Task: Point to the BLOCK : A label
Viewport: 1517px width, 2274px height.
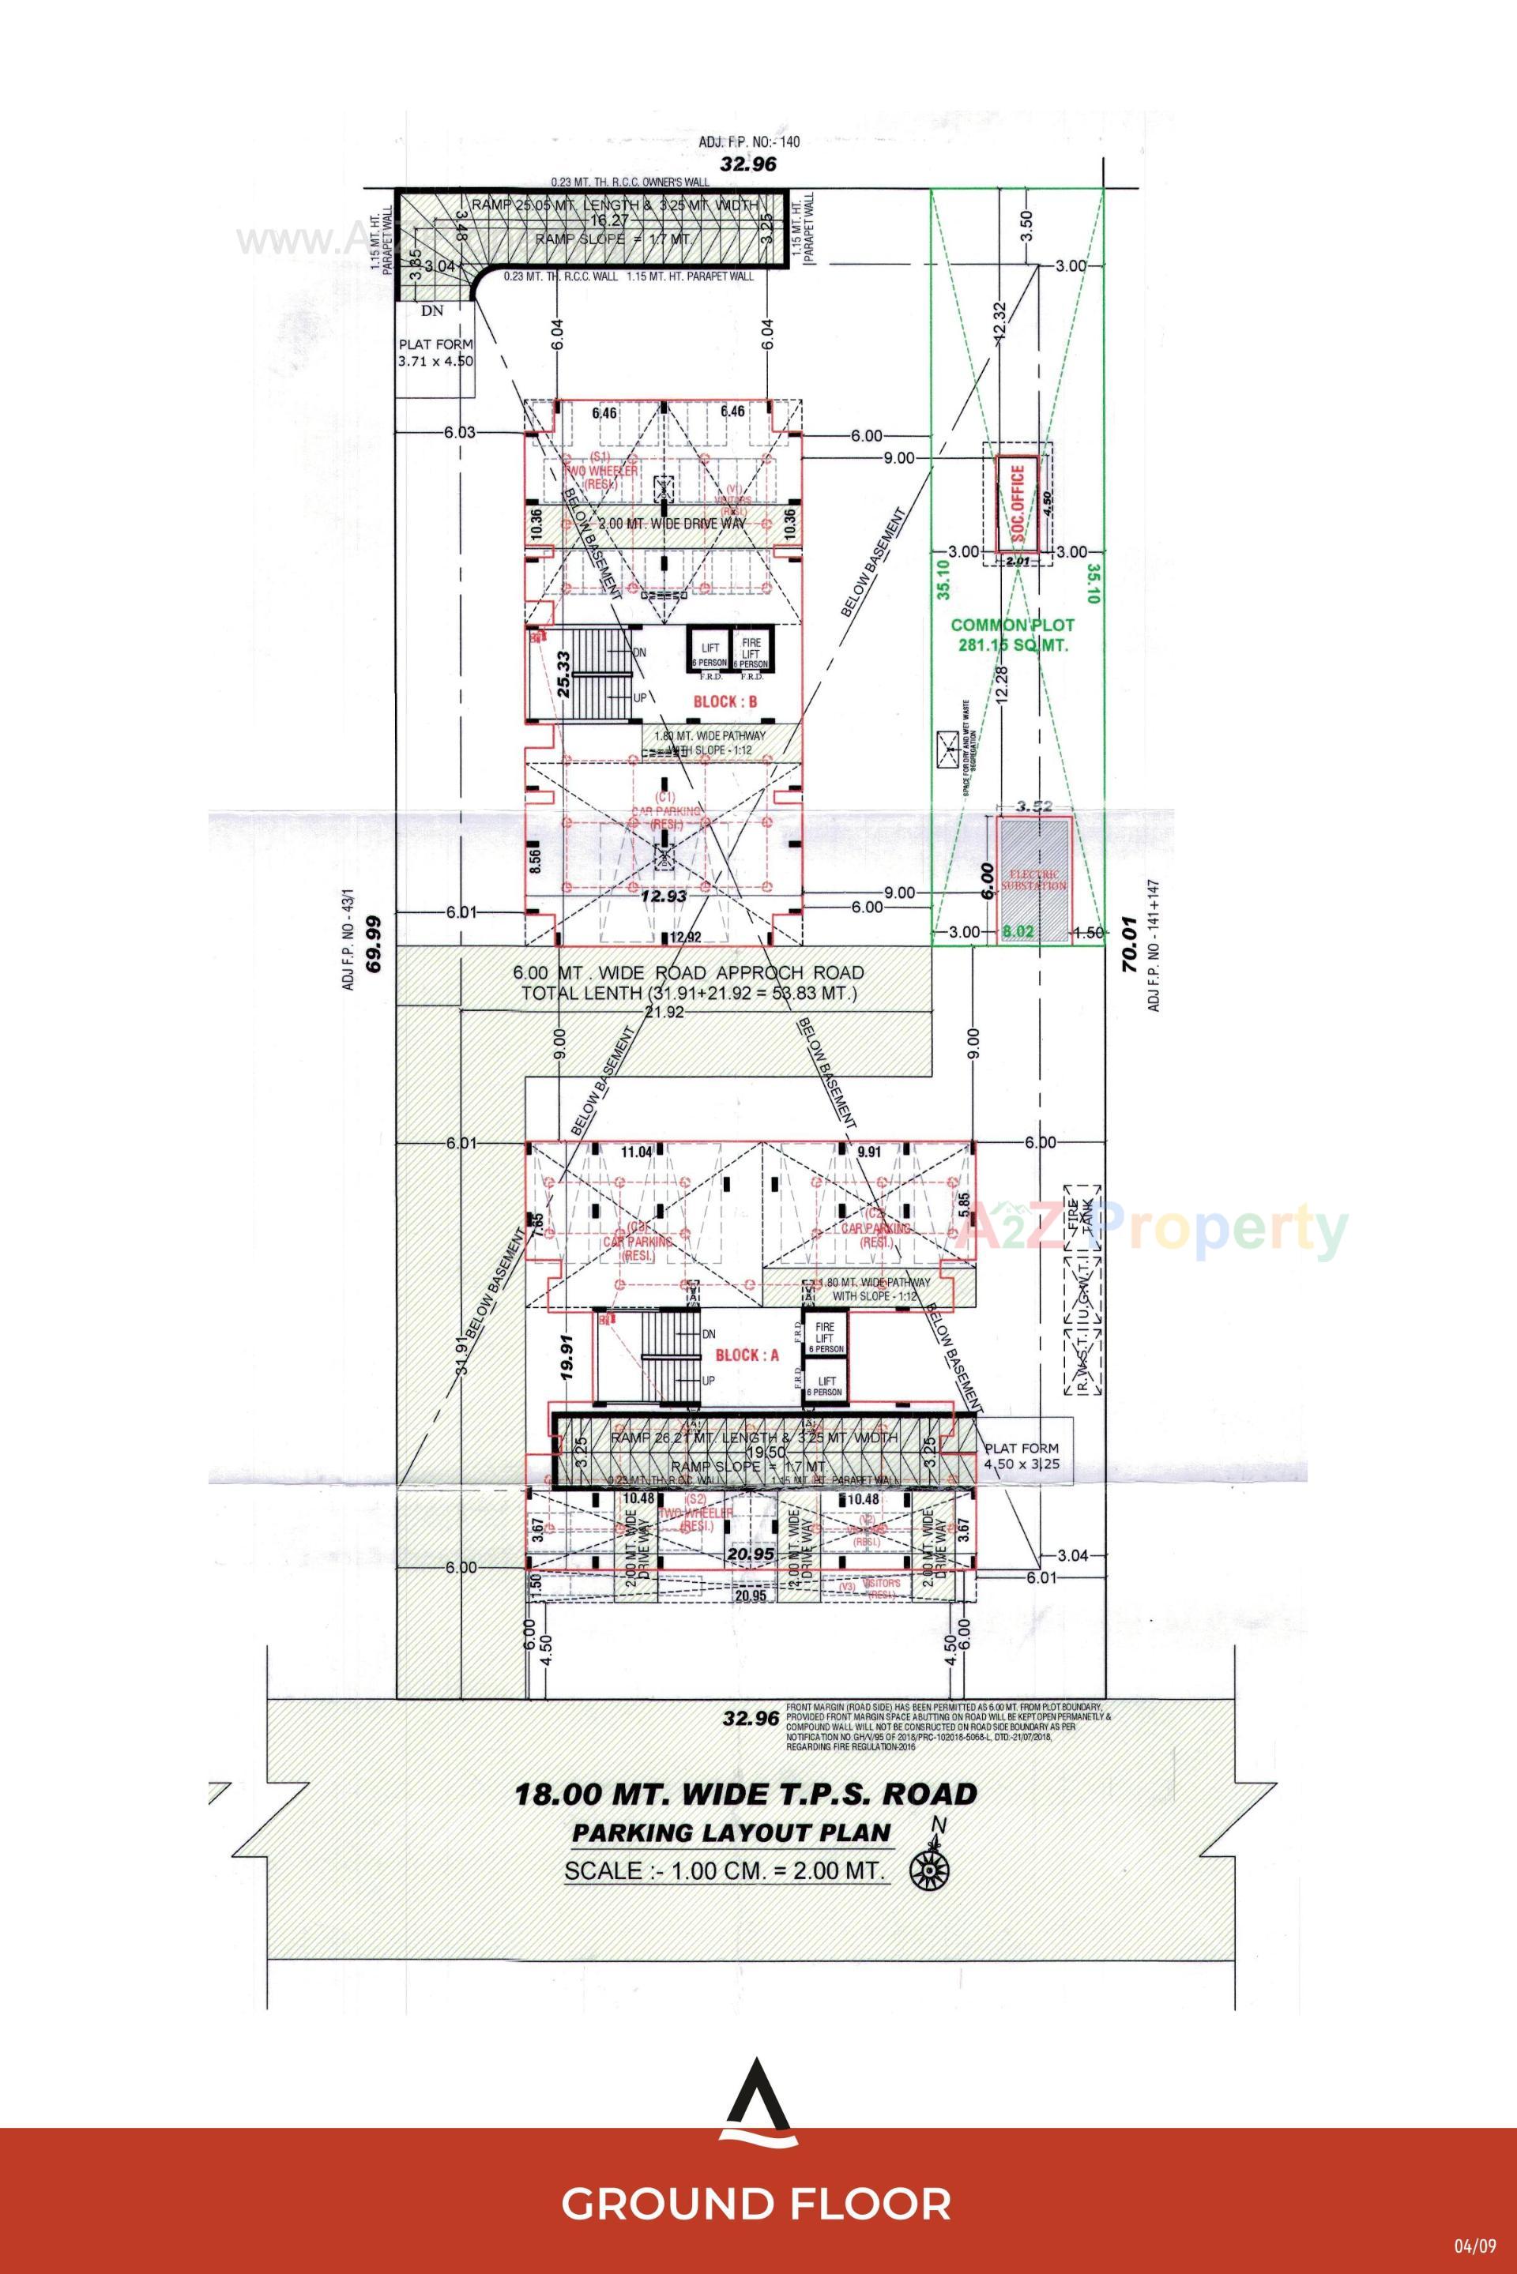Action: click(x=746, y=1355)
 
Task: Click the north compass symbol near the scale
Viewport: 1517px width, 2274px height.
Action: click(x=930, y=1870)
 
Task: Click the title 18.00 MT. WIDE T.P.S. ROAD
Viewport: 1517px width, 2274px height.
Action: click(x=746, y=1795)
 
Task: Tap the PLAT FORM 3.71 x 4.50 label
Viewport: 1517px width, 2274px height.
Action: click(x=436, y=352)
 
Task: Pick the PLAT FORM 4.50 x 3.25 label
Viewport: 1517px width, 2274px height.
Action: click(x=1022, y=1456)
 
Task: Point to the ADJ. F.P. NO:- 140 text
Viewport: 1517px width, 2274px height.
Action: click(x=750, y=142)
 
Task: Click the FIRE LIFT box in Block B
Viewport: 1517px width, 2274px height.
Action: click(x=751, y=651)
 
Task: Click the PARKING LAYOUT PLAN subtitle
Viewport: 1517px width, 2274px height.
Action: click(x=730, y=1832)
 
